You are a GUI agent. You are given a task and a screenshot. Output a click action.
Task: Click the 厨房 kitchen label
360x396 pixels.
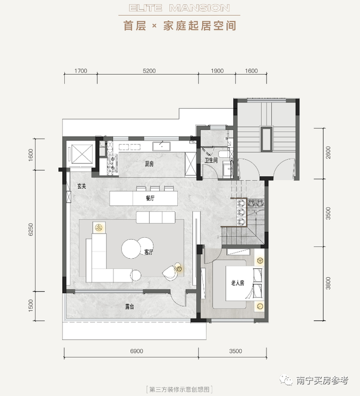[150, 165]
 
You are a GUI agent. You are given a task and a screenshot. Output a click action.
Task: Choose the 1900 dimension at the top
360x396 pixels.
[217, 71]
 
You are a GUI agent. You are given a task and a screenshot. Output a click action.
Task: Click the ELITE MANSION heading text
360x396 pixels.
[179, 8]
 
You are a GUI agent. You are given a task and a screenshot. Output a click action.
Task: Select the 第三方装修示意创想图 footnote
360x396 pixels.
[179, 388]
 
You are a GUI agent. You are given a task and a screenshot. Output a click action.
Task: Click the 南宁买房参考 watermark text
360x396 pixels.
[322, 381]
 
